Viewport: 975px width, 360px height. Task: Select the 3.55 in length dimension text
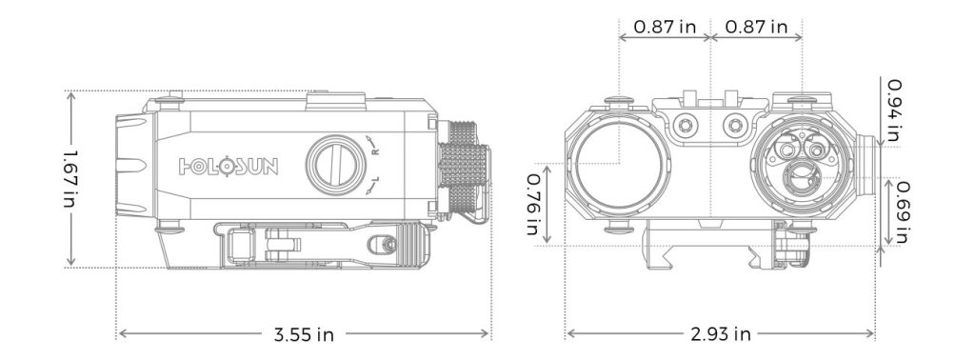304,334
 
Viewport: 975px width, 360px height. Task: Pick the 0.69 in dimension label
902,210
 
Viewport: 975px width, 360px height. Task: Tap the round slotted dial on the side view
333,165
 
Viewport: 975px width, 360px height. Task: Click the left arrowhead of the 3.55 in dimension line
121,334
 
